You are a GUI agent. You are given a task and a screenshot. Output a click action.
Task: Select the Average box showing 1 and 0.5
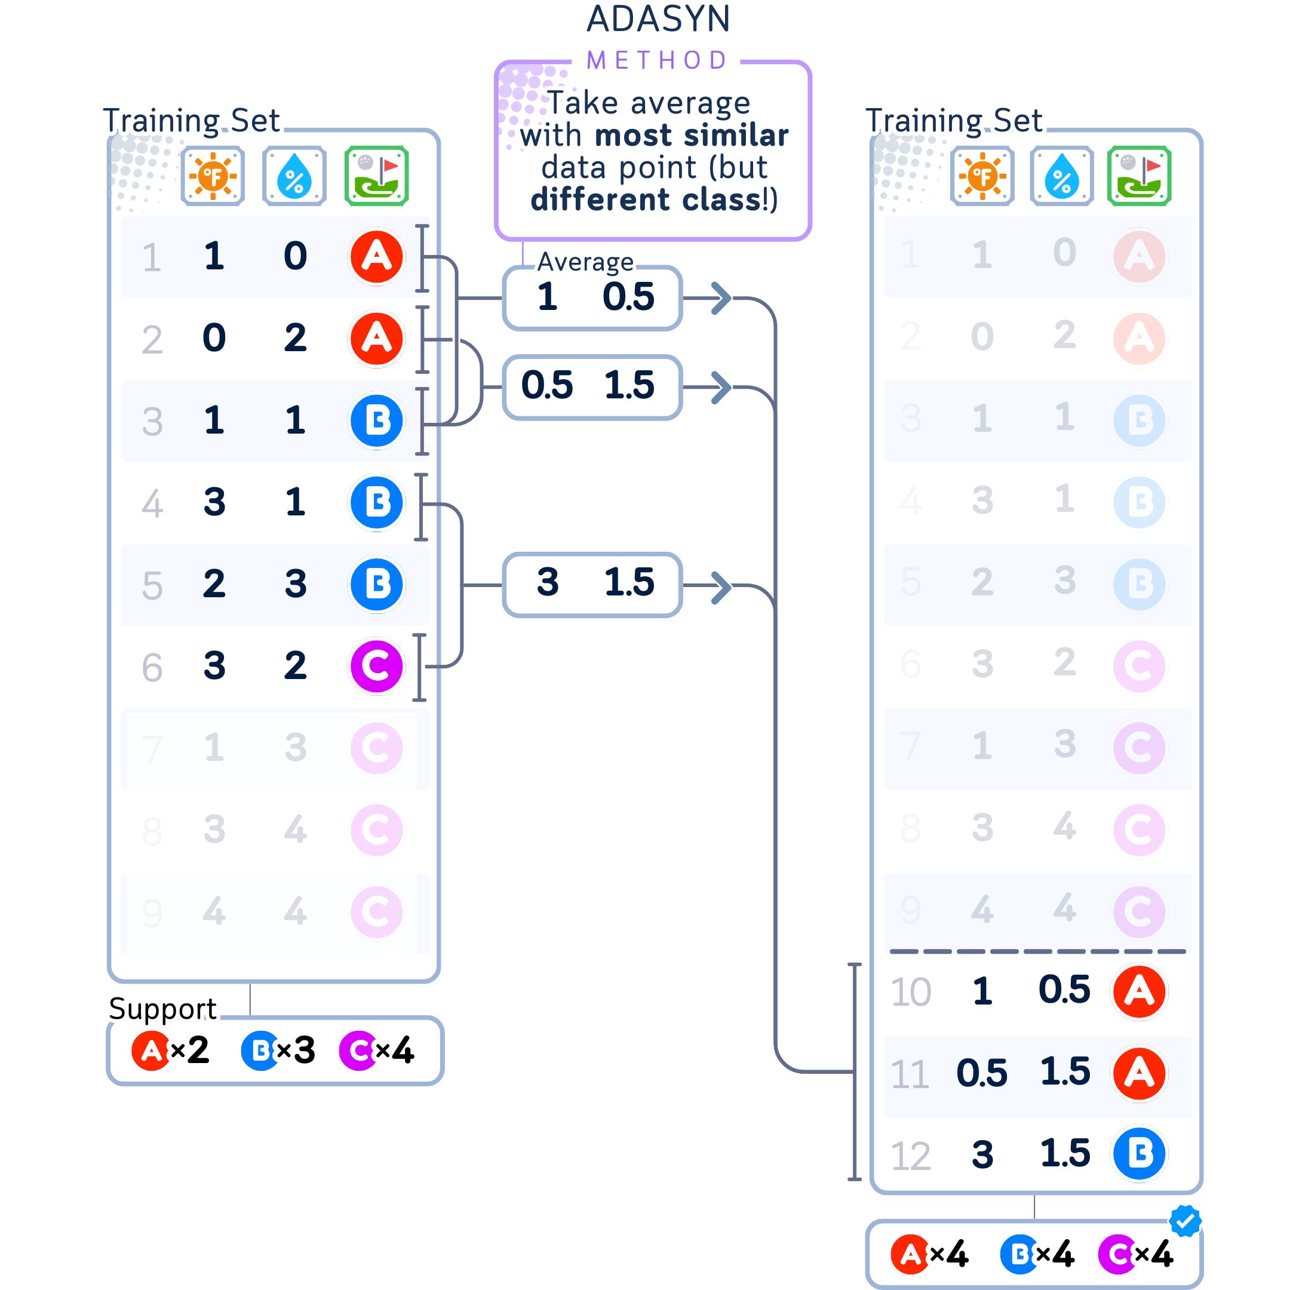[x=592, y=297]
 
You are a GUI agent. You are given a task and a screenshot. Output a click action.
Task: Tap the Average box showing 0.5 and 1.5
[x=592, y=386]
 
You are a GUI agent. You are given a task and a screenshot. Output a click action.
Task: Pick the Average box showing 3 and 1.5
[x=592, y=584]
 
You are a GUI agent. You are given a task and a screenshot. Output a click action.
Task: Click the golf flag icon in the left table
[x=377, y=176]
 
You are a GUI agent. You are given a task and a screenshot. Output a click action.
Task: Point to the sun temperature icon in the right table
[x=982, y=176]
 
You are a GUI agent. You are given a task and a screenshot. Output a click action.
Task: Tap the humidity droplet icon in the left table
[x=294, y=176]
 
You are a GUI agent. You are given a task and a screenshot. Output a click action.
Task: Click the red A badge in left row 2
[x=377, y=339]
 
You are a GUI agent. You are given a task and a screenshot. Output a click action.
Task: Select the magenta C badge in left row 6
[x=377, y=666]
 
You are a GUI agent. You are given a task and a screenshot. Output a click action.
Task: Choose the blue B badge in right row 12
[x=1139, y=1153]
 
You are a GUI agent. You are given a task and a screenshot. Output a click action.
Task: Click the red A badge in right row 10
[x=1139, y=991]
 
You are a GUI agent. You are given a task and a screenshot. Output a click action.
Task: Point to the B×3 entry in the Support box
[x=278, y=1051]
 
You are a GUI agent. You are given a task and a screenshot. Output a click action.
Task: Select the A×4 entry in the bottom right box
[x=929, y=1254]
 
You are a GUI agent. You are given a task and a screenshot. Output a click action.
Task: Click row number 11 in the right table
[x=910, y=1074]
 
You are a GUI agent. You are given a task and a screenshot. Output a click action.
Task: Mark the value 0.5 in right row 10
[x=1064, y=990]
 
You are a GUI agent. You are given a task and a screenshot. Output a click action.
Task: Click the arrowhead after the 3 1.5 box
[x=721, y=587]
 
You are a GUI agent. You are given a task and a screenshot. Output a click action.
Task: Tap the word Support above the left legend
[x=162, y=1008]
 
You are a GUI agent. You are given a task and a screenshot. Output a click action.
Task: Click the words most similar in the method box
[x=692, y=136]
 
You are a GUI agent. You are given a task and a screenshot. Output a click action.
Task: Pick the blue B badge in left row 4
[x=377, y=503]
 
